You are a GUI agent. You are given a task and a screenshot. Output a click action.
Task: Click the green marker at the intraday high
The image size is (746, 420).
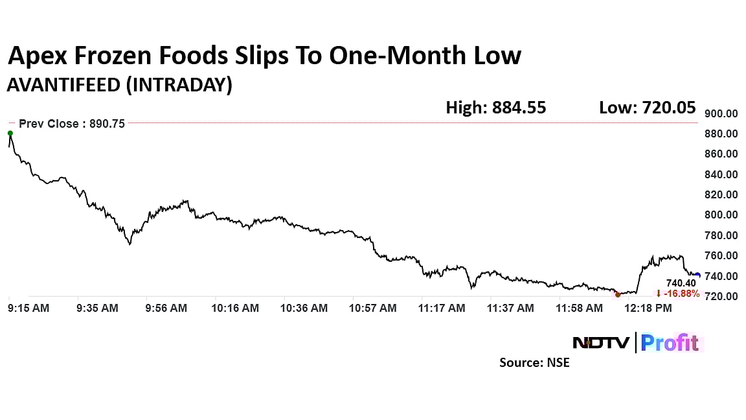[10, 134]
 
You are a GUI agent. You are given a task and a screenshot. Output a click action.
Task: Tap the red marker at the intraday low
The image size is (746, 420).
[617, 294]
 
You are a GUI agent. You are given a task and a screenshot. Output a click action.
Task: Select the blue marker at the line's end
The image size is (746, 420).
[697, 275]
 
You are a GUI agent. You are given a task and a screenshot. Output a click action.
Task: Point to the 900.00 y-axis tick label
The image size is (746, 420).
[722, 113]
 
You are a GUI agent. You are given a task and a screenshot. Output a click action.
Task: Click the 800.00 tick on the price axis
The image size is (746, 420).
[722, 215]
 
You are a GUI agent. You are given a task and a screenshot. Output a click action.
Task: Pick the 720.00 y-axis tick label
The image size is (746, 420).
[722, 296]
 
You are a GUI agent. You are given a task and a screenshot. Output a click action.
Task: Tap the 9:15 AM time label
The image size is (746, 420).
[28, 309]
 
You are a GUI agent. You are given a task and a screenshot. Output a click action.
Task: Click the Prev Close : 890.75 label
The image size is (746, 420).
[72, 123]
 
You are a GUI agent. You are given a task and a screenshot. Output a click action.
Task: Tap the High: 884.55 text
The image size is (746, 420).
[495, 108]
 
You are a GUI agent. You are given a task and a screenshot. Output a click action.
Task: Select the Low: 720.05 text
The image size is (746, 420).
[647, 108]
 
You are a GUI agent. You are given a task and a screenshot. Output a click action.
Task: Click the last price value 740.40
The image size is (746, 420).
[681, 283]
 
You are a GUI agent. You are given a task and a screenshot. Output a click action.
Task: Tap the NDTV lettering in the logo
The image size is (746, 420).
[600, 342]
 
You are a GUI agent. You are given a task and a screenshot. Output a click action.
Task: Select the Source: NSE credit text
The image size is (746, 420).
[534, 363]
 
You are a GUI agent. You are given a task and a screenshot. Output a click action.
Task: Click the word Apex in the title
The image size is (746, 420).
[36, 56]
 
